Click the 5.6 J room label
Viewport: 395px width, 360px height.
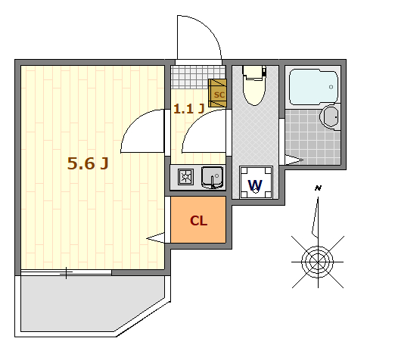[x=88, y=163]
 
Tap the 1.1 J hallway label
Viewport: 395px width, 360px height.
[x=188, y=109]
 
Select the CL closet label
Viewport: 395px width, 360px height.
[x=198, y=221]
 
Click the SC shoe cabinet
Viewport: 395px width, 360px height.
[x=217, y=93]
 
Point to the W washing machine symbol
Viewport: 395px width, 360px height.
[x=256, y=182]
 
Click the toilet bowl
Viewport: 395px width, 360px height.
[x=254, y=85]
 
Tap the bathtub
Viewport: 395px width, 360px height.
[x=313, y=87]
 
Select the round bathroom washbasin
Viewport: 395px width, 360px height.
[x=330, y=117]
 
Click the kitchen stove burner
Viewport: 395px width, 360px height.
[x=186, y=177]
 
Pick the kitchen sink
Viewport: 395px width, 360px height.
[x=212, y=177]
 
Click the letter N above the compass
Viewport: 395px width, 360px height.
[x=318, y=188]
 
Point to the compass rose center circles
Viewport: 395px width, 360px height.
[x=318, y=262]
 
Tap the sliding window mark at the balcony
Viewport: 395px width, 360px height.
[x=67, y=273]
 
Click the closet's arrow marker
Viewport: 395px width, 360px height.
[x=156, y=237]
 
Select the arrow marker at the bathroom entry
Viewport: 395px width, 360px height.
[x=294, y=160]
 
